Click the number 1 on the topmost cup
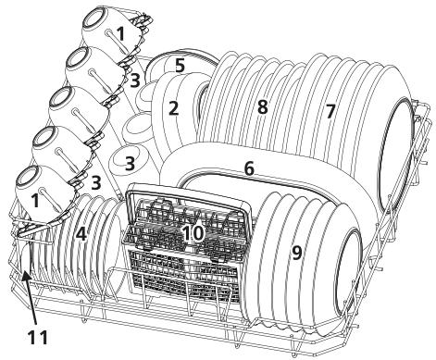point(119,32)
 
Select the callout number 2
point(173,108)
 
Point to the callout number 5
point(181,66)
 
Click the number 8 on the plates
point(262,108)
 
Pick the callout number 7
point(330,111)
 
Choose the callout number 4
point(81,235)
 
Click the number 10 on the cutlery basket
point(192,233)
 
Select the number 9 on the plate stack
point(296,252)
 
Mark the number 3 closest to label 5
point(135,81)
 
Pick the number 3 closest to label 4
point(96,183)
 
